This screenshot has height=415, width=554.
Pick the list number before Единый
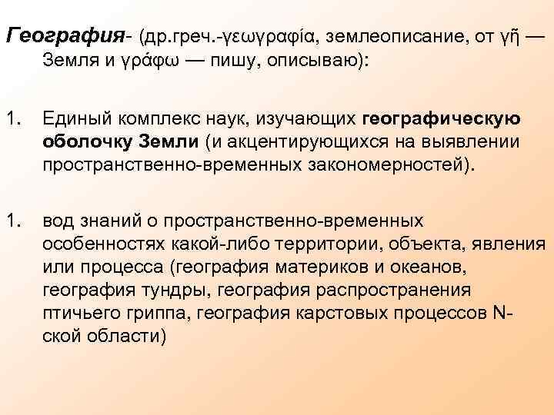pos(13,119)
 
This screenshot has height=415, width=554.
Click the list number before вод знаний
pos(13,221)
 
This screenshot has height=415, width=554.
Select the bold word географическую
pos(440,119)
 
